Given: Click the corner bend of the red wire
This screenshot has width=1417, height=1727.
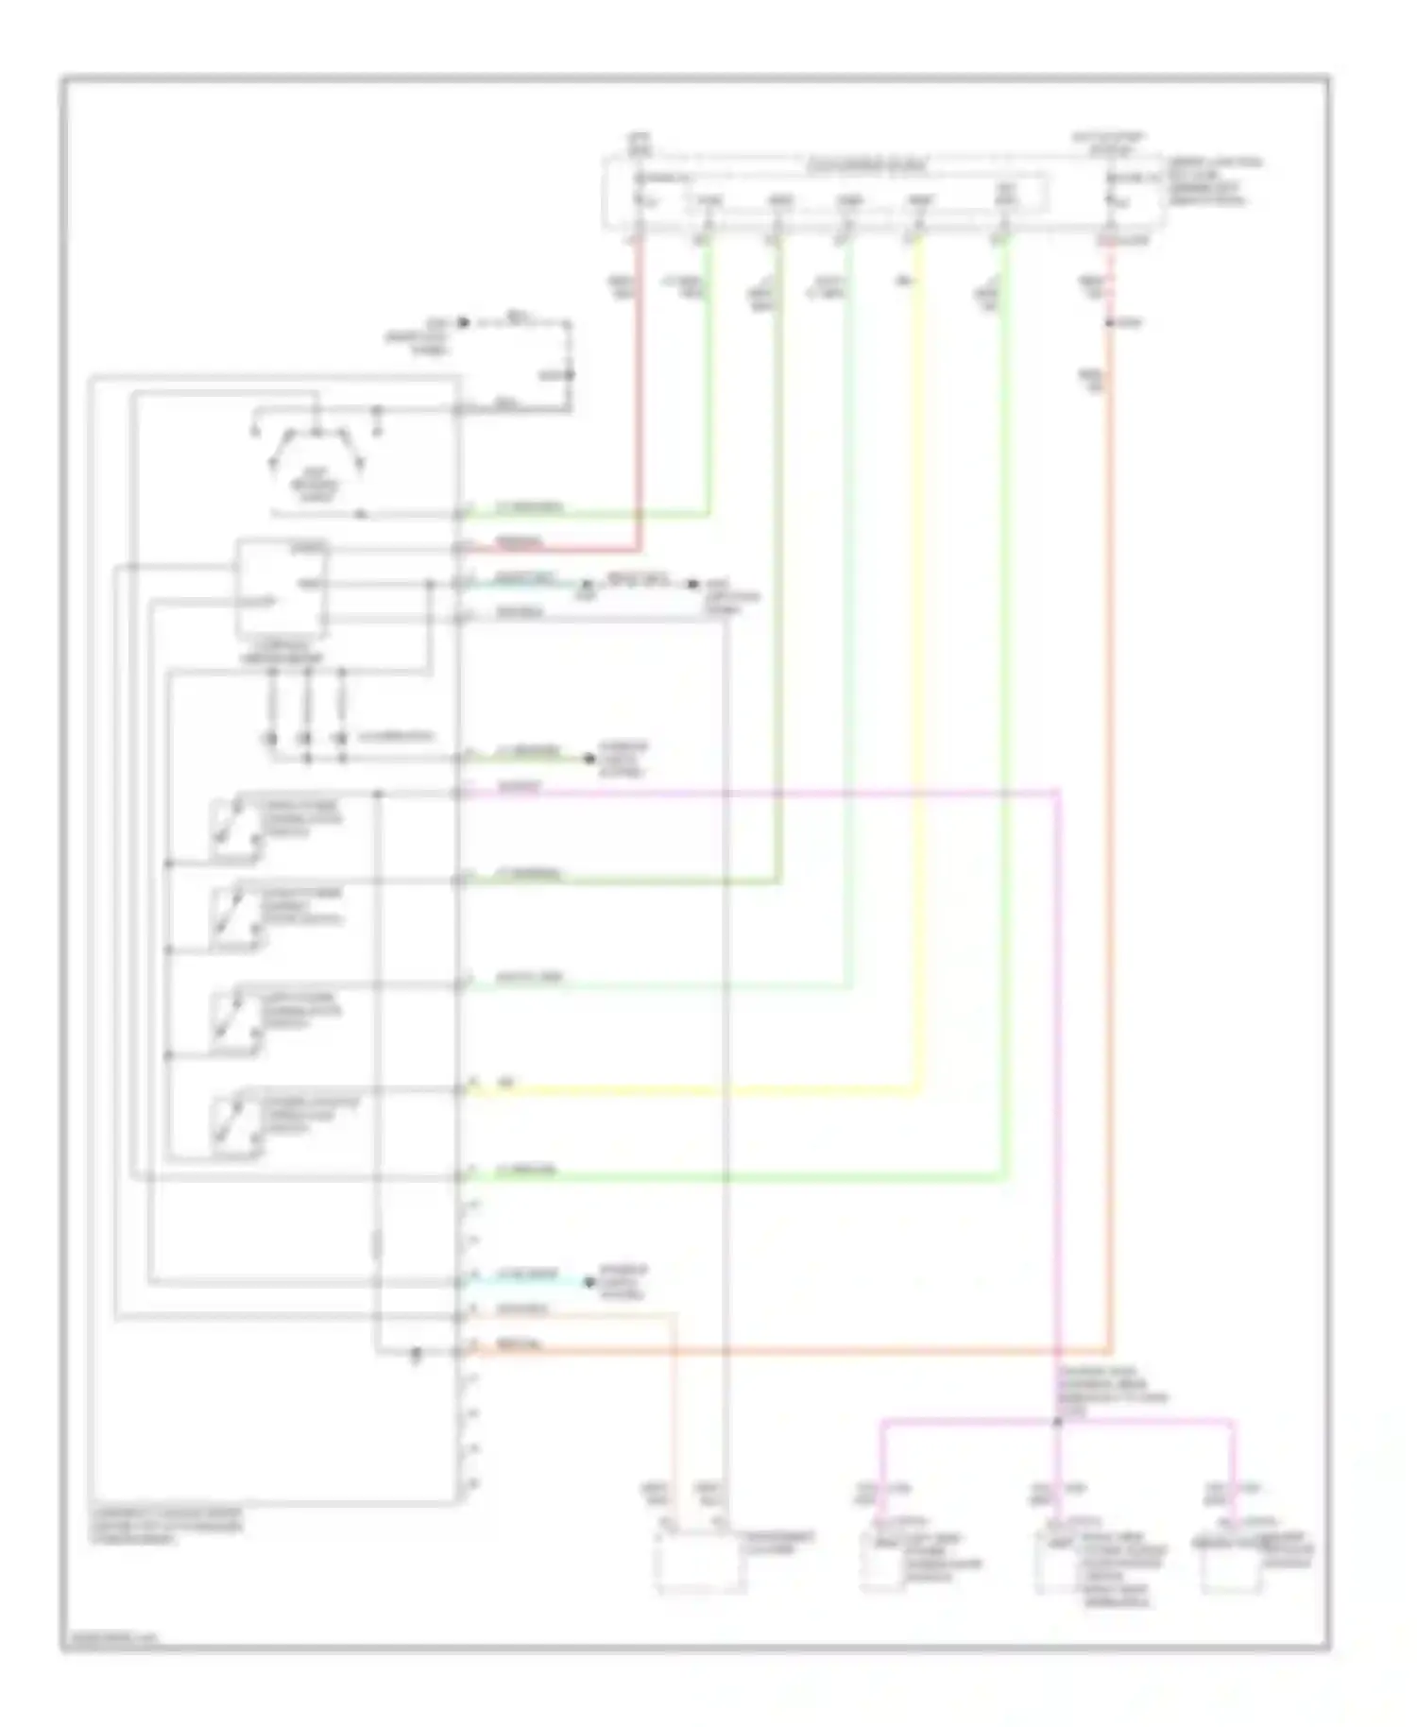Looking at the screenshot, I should [x=640, y=548].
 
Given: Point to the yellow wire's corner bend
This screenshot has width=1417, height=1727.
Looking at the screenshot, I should [x=916, y=1093].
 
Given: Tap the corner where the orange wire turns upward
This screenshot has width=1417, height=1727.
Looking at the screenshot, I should [x=1110, y=1352].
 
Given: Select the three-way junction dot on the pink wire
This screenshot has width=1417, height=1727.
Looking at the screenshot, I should [x=1058, y=1420].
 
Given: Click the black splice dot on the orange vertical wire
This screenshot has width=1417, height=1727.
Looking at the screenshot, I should [x=1110, y=324].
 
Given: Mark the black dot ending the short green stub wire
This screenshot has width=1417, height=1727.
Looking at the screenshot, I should [x=589, y=758].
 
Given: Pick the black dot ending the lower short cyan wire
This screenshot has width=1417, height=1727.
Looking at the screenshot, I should [x=589, y=1282].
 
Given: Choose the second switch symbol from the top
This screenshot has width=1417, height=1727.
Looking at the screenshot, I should [x=235, y=917].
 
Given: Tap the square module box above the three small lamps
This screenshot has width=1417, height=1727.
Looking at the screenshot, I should [x=282, y=588].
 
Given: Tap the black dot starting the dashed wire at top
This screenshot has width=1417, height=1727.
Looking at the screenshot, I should [x=463, y=323].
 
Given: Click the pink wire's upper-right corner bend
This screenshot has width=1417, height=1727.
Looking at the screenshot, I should [x=1058, y=792].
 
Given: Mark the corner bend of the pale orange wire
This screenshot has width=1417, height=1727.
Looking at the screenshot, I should [x=674, y=1315].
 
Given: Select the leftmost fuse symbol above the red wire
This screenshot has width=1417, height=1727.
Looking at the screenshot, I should [x=640, y=199].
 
